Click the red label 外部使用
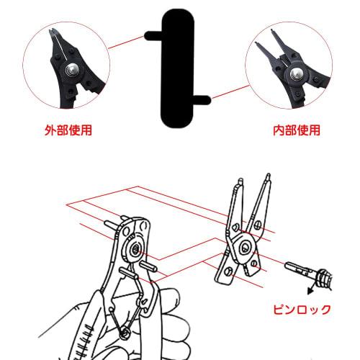68,131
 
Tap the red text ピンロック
302,310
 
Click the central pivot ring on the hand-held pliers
134,249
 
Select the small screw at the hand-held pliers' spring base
127,333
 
